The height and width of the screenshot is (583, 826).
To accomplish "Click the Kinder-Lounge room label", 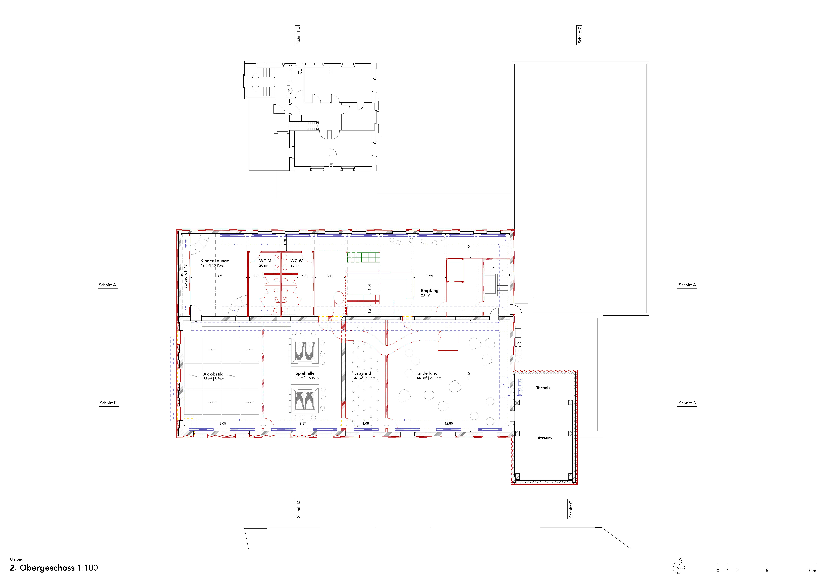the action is tap(215, 261).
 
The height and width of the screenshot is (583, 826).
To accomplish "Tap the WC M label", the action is tap(265, 261).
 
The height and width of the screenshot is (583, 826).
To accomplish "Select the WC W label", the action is tap(296, 261).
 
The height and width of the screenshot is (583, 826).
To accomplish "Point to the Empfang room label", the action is tap(430, 291).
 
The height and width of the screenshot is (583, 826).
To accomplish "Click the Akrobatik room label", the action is tap(213, 374).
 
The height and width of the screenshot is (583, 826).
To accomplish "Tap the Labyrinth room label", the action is tap(363, 374).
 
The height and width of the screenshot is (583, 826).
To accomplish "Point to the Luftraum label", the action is tap(543, 438).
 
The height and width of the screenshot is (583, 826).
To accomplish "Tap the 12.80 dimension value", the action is tap(449, 423).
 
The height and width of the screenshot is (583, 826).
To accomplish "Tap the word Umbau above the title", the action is tap(17, 559).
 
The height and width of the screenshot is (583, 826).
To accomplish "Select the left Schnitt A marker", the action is tap(108, 285).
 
